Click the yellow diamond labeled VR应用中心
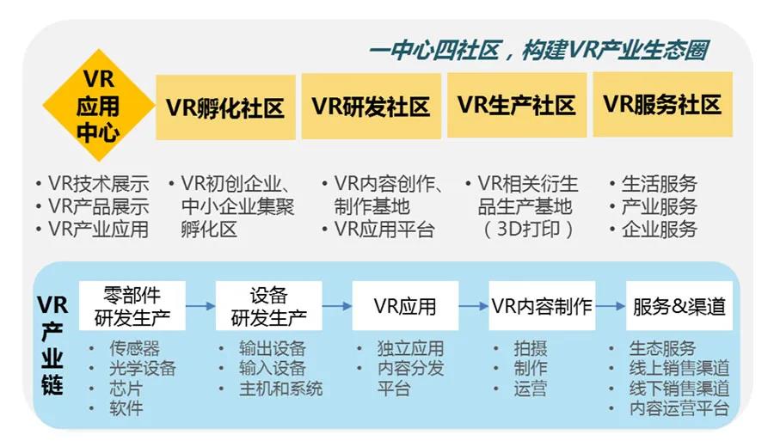99,106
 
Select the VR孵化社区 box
225,107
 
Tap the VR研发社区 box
372,106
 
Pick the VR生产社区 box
517,105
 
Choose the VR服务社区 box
662,104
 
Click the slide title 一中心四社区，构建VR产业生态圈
538,51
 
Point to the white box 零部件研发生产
132,306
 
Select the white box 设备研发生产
269,306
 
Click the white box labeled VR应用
405,306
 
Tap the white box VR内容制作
542,306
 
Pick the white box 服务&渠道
679,306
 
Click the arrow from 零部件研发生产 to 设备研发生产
200,306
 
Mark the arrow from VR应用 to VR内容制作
473,306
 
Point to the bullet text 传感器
134,349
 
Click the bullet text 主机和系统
281,389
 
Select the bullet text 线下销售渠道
679,389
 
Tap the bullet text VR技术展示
99,183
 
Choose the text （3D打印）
528,230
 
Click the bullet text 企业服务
659,230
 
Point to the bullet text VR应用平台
384,230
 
